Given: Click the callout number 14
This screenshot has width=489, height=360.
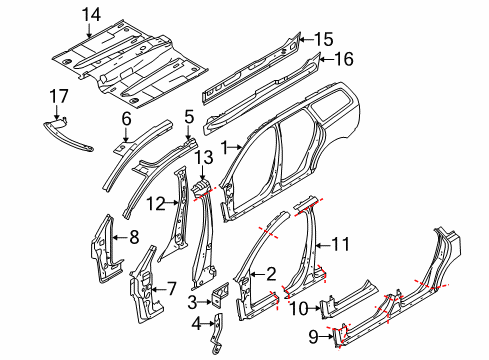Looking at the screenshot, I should coord(92,14).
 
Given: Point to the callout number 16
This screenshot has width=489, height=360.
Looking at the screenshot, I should coord(343,60).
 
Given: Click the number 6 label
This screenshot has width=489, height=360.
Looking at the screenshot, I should coord(126,120).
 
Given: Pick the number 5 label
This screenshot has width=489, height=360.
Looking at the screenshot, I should coord(188,119).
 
